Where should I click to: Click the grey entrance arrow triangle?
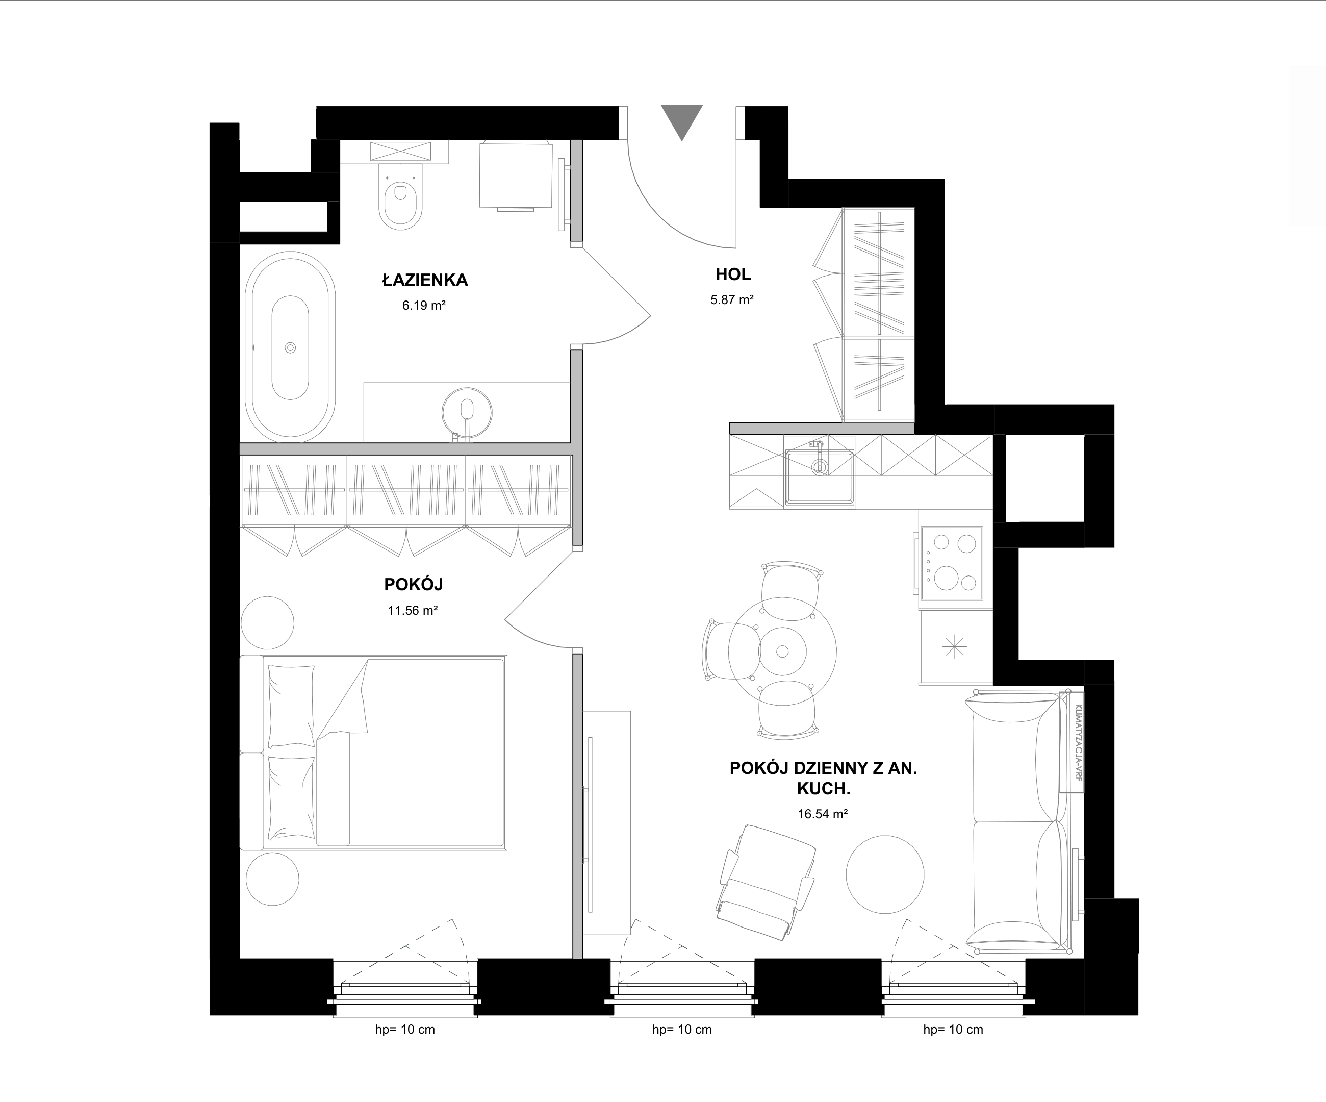[x=682, y=120]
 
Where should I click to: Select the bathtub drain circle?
[x=291, y=347]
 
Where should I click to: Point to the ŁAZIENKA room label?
[x=425, y=280]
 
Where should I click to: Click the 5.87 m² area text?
[x=732, y=300]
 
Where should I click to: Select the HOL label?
[x=733, y=274]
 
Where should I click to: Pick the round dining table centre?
[x=782, y=651]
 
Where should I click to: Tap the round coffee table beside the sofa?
[x=885, y=874]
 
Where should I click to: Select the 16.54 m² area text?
[x=822, y=814]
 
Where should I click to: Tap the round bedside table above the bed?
[x=268, y=622]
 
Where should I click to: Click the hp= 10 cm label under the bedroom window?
[x=405, y=1030]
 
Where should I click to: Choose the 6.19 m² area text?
[x=424, y=306]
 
